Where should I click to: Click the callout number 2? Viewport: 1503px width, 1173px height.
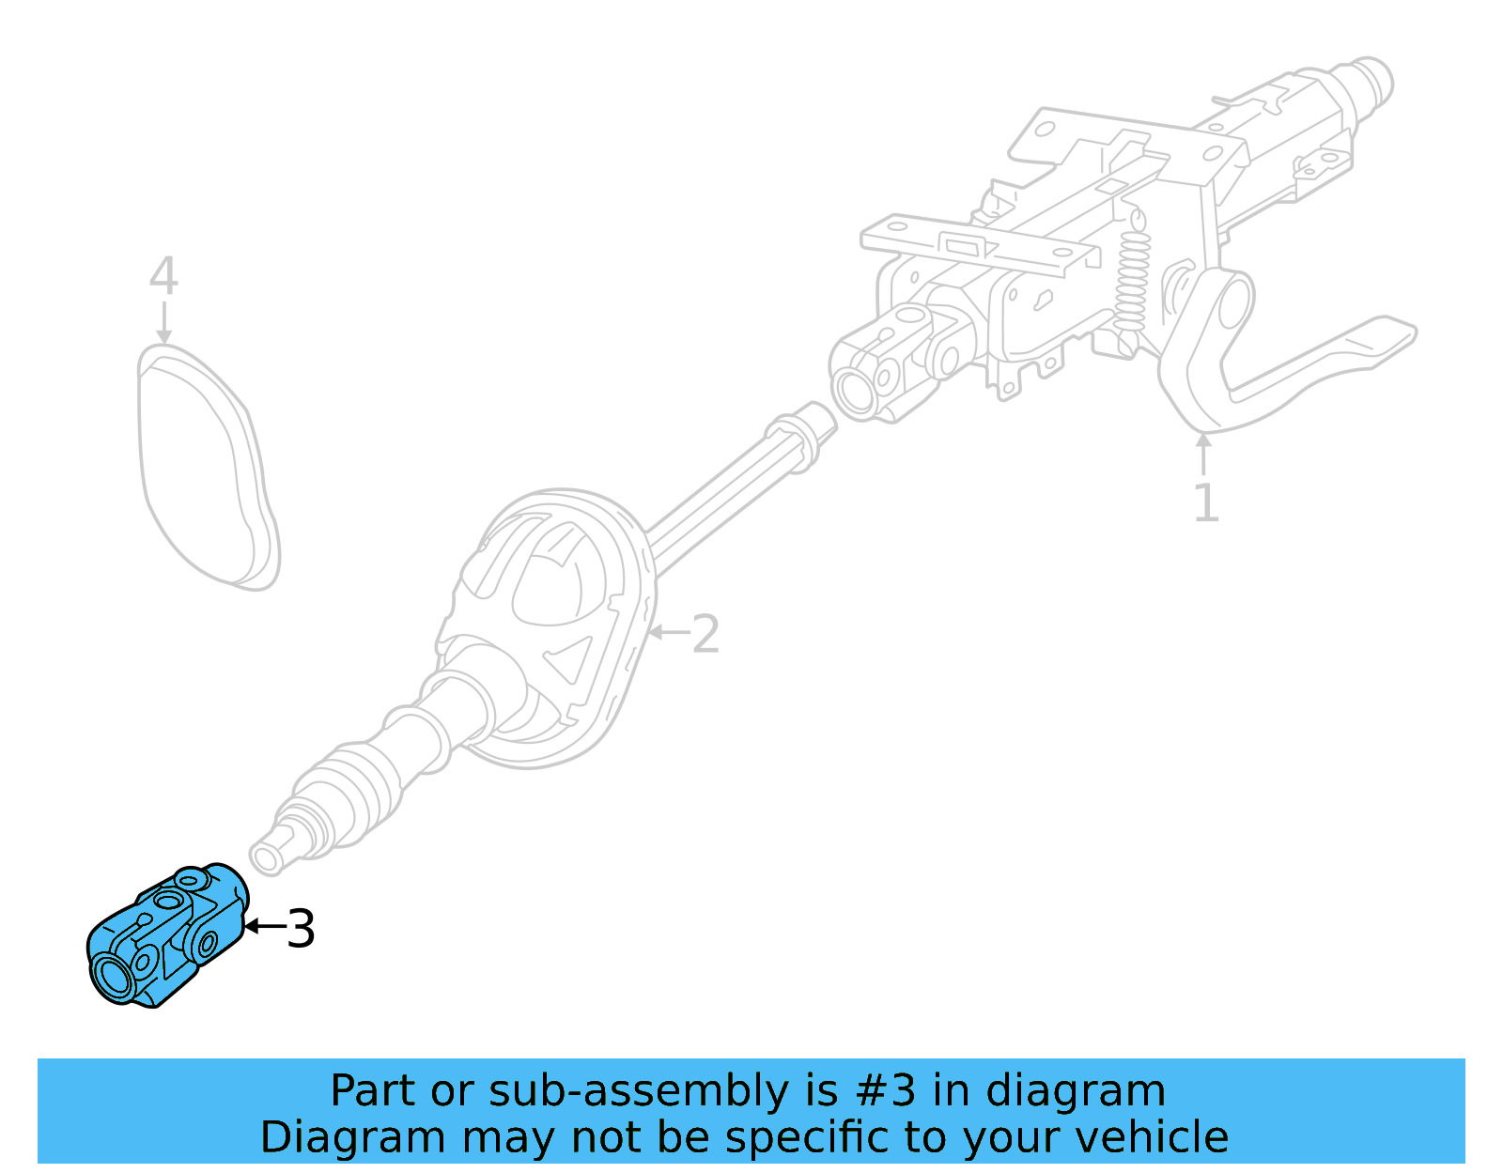coord(705,634)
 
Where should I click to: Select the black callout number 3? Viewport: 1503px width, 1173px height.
coord(301,929)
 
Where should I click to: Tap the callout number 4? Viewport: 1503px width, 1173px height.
coord(163,276)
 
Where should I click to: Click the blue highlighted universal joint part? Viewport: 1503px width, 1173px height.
coord(169,934)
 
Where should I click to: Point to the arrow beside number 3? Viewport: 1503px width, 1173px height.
coord(263,927)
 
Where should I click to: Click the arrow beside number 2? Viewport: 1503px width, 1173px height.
coord(669,632)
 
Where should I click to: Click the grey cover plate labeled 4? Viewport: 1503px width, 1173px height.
coord(207,470)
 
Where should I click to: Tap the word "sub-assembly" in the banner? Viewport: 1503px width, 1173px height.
coord(639,1091)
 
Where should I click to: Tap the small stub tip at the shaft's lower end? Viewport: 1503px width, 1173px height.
coord(267,858)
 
